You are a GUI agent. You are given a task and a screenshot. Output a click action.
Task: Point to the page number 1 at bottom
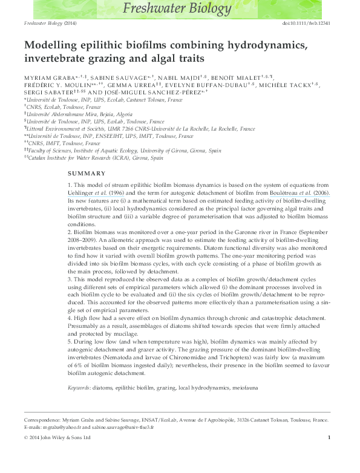coord(329,437)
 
